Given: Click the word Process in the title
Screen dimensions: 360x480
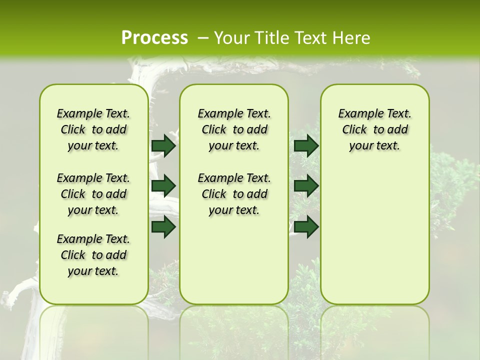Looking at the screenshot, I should (x=154, y=37).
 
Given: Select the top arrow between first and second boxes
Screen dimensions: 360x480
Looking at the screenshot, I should (x=163, y=145).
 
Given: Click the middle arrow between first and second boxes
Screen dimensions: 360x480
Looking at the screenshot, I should (x=163, y=186).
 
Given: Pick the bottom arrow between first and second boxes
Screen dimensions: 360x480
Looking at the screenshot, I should (x=163, y=227).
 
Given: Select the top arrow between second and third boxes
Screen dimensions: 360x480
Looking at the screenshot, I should (x=306, y=145).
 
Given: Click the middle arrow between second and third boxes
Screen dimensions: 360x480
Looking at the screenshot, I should (x=306, y=186).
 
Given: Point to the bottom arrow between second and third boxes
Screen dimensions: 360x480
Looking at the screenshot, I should (x=306, y=227).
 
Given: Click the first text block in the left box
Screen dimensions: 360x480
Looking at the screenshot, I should (x=93, y=129).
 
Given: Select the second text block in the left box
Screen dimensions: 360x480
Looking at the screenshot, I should (x=93, y=194).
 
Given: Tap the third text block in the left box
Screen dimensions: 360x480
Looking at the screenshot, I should (x=93, y=255).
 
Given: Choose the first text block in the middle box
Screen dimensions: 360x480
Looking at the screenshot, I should (x=234, y=129).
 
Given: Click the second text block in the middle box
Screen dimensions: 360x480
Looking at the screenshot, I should (x=234, y=194).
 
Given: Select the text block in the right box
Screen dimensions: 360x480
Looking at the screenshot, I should (x=374, y=129).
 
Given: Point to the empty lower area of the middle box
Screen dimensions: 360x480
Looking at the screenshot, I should (x=234, y=260).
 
